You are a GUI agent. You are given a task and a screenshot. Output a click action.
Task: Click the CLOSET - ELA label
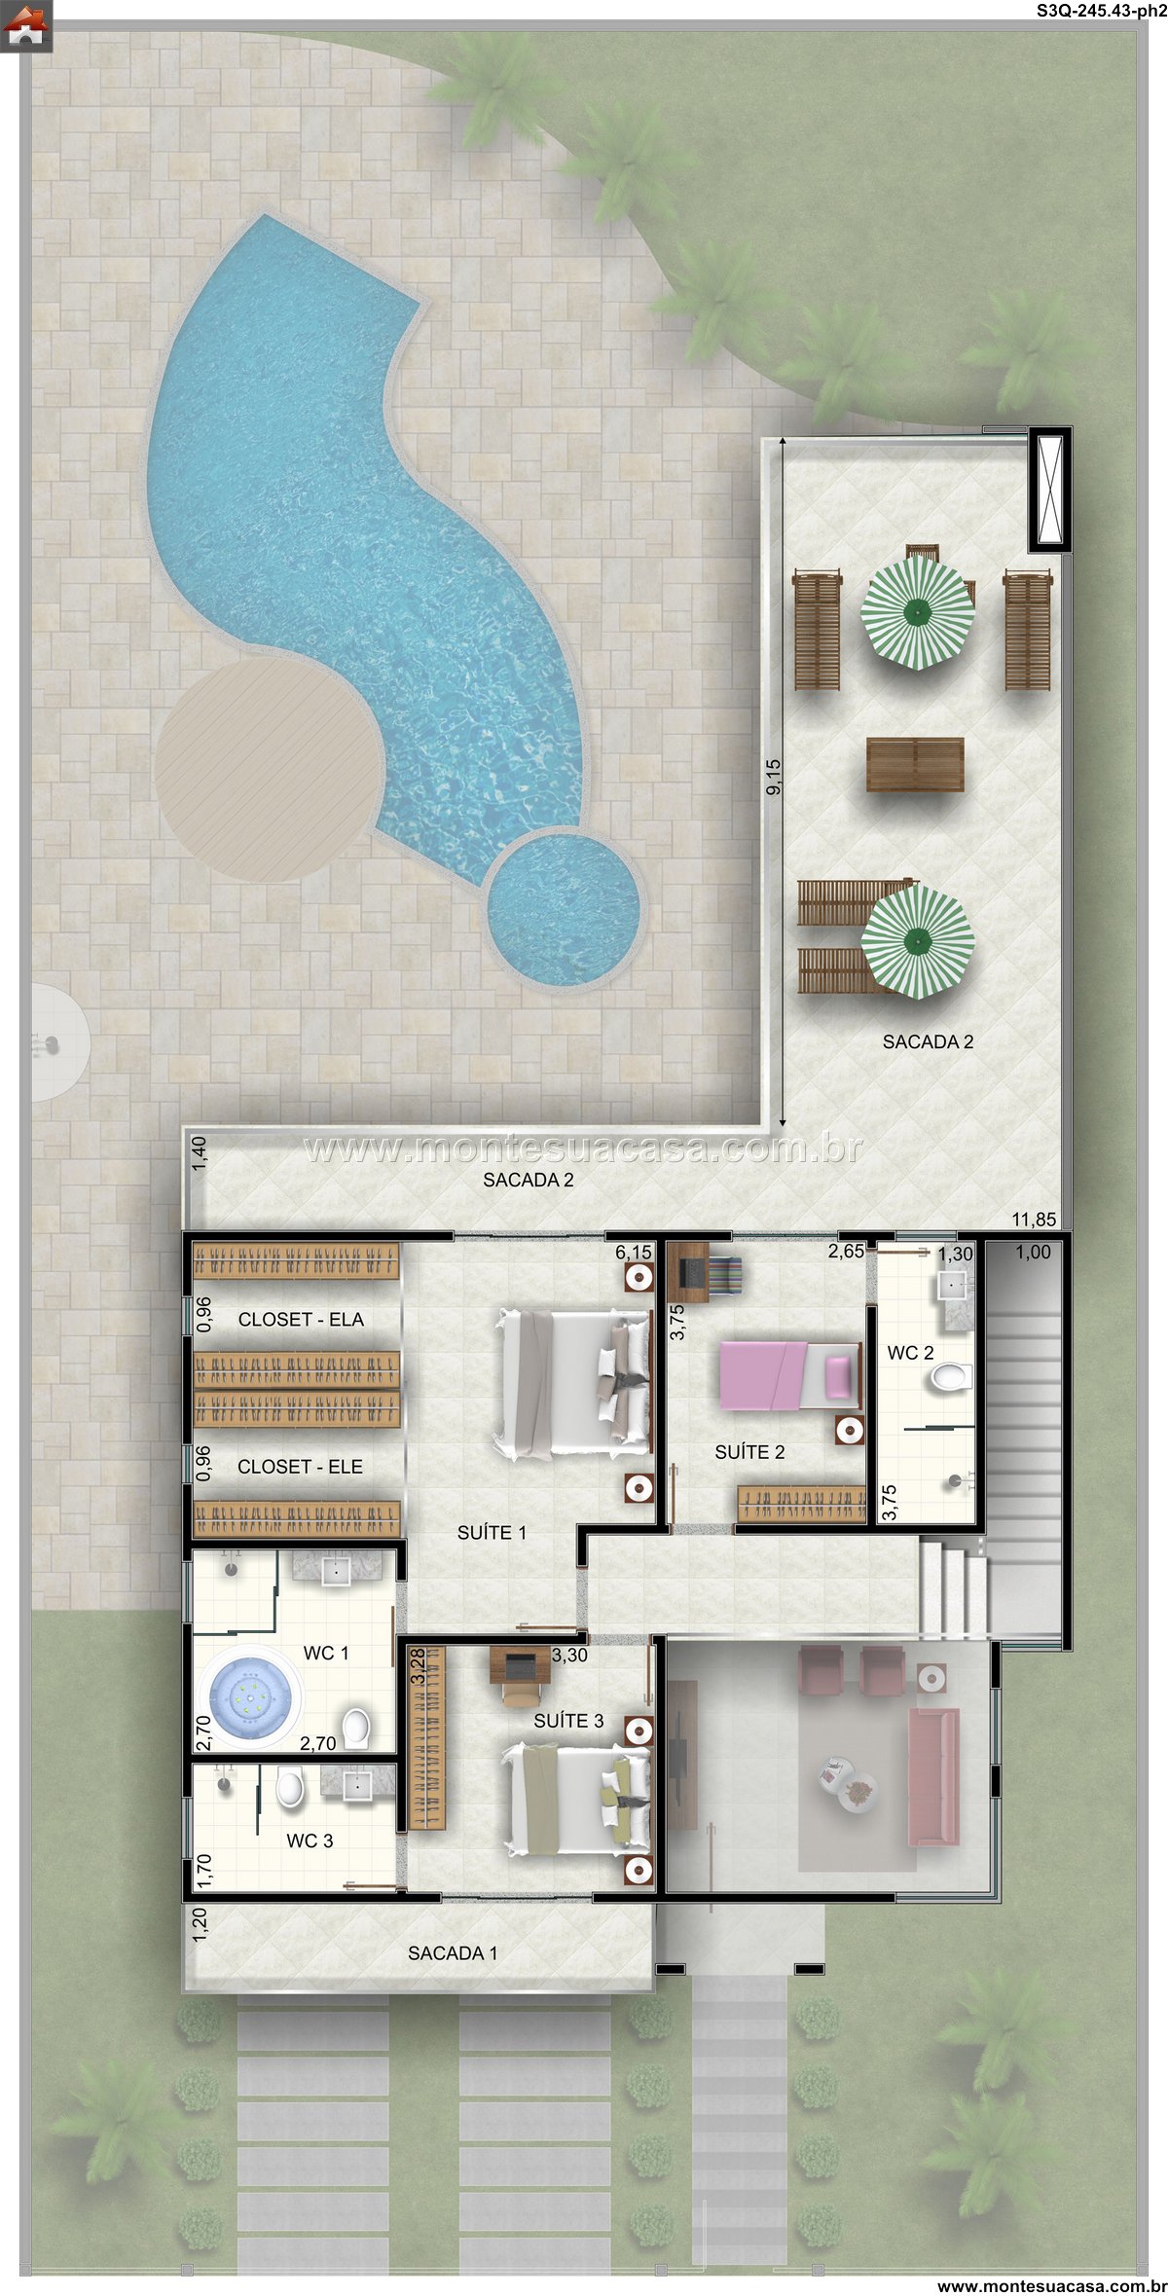(x=301, y=1319)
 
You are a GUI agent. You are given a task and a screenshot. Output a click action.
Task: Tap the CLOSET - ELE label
(x=300, y=1466)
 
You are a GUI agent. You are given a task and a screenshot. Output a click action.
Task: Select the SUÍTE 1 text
(x=492, y=1532)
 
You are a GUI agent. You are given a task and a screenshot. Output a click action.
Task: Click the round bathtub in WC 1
(x=252, y=1697)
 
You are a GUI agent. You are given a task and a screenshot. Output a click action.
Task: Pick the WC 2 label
(x=910, y=1353)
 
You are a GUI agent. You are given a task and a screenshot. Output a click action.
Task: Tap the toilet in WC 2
(x=949, y=1377)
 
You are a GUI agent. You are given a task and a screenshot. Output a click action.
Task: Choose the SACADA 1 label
(x=453, y=1952)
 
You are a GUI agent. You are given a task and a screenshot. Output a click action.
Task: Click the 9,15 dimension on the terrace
(x=774, y=777)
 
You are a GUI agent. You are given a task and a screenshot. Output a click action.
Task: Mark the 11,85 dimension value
(x=1034, y=1220)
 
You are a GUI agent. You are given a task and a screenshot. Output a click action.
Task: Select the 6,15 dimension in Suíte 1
(x=634, y=1253)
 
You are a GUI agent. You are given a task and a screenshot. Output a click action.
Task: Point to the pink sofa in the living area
(x=933, y=1776)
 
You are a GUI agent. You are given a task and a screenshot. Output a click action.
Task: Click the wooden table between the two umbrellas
(x=915, y=764)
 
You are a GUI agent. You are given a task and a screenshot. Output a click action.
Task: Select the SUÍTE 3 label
(x=568, y=1720)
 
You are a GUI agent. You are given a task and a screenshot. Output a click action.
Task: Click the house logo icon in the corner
(x=26, y=26)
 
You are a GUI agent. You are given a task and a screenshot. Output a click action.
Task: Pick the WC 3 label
(x=310, y=1840)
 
